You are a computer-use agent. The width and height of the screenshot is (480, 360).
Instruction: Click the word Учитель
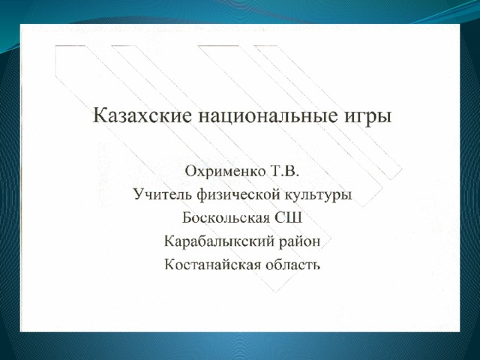point(163,194)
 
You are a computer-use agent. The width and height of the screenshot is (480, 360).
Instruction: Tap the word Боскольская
point(226,217)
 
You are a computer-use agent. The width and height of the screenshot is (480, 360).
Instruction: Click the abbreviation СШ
point(288,217)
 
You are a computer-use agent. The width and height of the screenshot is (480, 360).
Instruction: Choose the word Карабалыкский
point(219,241)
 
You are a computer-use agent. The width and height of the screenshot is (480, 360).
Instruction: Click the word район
point(300,242)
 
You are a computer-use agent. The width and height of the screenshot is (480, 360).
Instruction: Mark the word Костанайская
point(212,265)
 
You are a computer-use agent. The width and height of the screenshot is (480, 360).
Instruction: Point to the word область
point(292,265)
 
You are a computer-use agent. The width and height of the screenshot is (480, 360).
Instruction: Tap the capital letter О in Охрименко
point(190,171)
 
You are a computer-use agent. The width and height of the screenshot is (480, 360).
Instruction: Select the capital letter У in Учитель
point(139,194)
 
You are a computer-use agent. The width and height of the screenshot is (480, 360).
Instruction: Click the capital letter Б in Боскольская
point(187,217)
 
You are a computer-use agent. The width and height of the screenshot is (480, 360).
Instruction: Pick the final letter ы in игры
point(385,117)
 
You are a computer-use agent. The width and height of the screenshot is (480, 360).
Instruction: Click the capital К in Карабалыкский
point(170,241)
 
